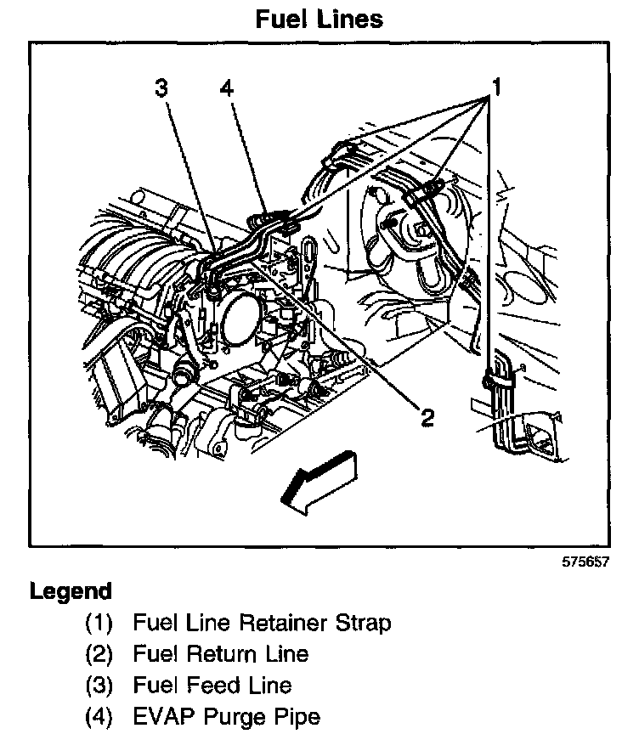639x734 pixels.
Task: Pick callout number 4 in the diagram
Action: tap(225, 88)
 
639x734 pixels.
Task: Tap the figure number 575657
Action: tap(585, 562)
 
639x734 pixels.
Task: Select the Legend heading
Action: tap(71, 591)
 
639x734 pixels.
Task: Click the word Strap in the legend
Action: tap(360, 623)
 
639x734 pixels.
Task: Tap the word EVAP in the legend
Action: tap(162, 716)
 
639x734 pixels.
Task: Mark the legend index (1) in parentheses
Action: tap(99, 623)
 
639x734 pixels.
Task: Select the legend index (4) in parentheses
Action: tap(99, 716)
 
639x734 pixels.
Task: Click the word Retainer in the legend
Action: tap(280, 623)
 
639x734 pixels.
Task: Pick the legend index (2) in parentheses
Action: tap(99, 653)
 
